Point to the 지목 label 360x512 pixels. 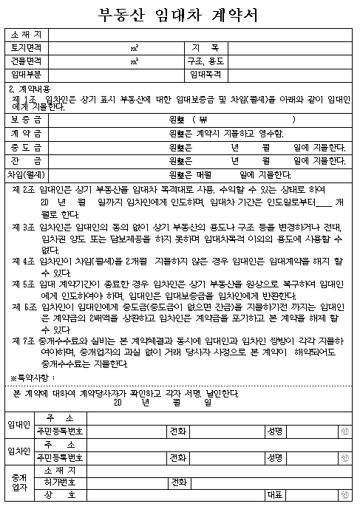point(209,48)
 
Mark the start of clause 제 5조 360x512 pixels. point(24,281)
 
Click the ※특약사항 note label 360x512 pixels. point(33,378)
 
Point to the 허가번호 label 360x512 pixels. point(60,482)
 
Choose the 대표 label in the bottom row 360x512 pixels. point(275,494)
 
